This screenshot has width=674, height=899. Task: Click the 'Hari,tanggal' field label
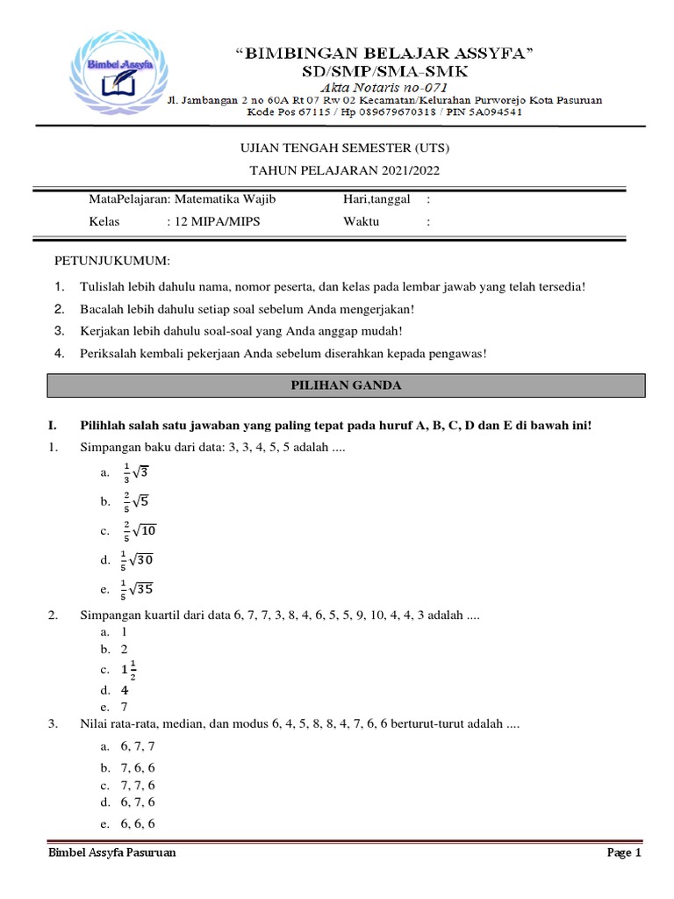point(376,200)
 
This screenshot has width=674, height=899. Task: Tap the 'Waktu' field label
point(361,222)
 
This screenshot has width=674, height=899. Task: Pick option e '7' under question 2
point(125,706)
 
